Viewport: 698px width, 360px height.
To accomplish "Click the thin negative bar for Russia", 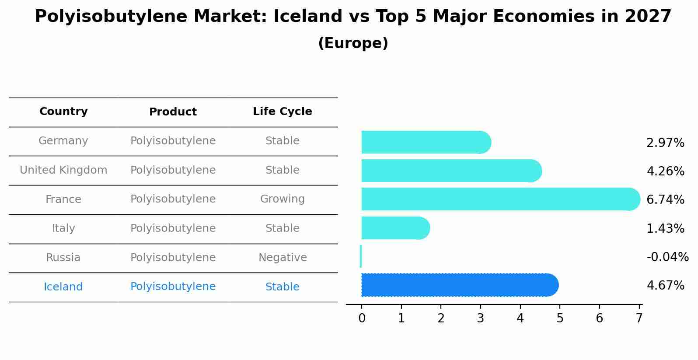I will click(361, 256).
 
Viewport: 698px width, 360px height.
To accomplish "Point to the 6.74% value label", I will click(665, 200).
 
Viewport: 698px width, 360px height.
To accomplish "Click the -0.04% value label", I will click(667, 257).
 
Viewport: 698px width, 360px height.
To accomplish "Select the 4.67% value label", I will click(665, 286).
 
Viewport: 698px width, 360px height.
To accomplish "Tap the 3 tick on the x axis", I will click(480, 318).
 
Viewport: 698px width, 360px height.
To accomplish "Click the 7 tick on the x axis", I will click(639, 318).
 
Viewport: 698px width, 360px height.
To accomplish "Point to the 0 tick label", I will click(362, 318).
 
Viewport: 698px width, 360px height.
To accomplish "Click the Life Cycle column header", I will click(282, 112).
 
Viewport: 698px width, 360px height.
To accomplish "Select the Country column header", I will click(63, 112).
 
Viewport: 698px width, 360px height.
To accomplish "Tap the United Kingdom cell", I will click(63, 170).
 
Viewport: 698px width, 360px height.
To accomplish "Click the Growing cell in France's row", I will click(282, 199).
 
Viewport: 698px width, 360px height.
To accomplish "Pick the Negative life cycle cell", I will click(282, 258).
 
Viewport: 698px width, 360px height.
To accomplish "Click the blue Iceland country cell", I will click(63, 287).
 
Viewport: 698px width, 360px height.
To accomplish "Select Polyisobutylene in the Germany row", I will click(173, 141).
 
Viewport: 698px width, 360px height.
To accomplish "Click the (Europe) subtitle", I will click(353, 43).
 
